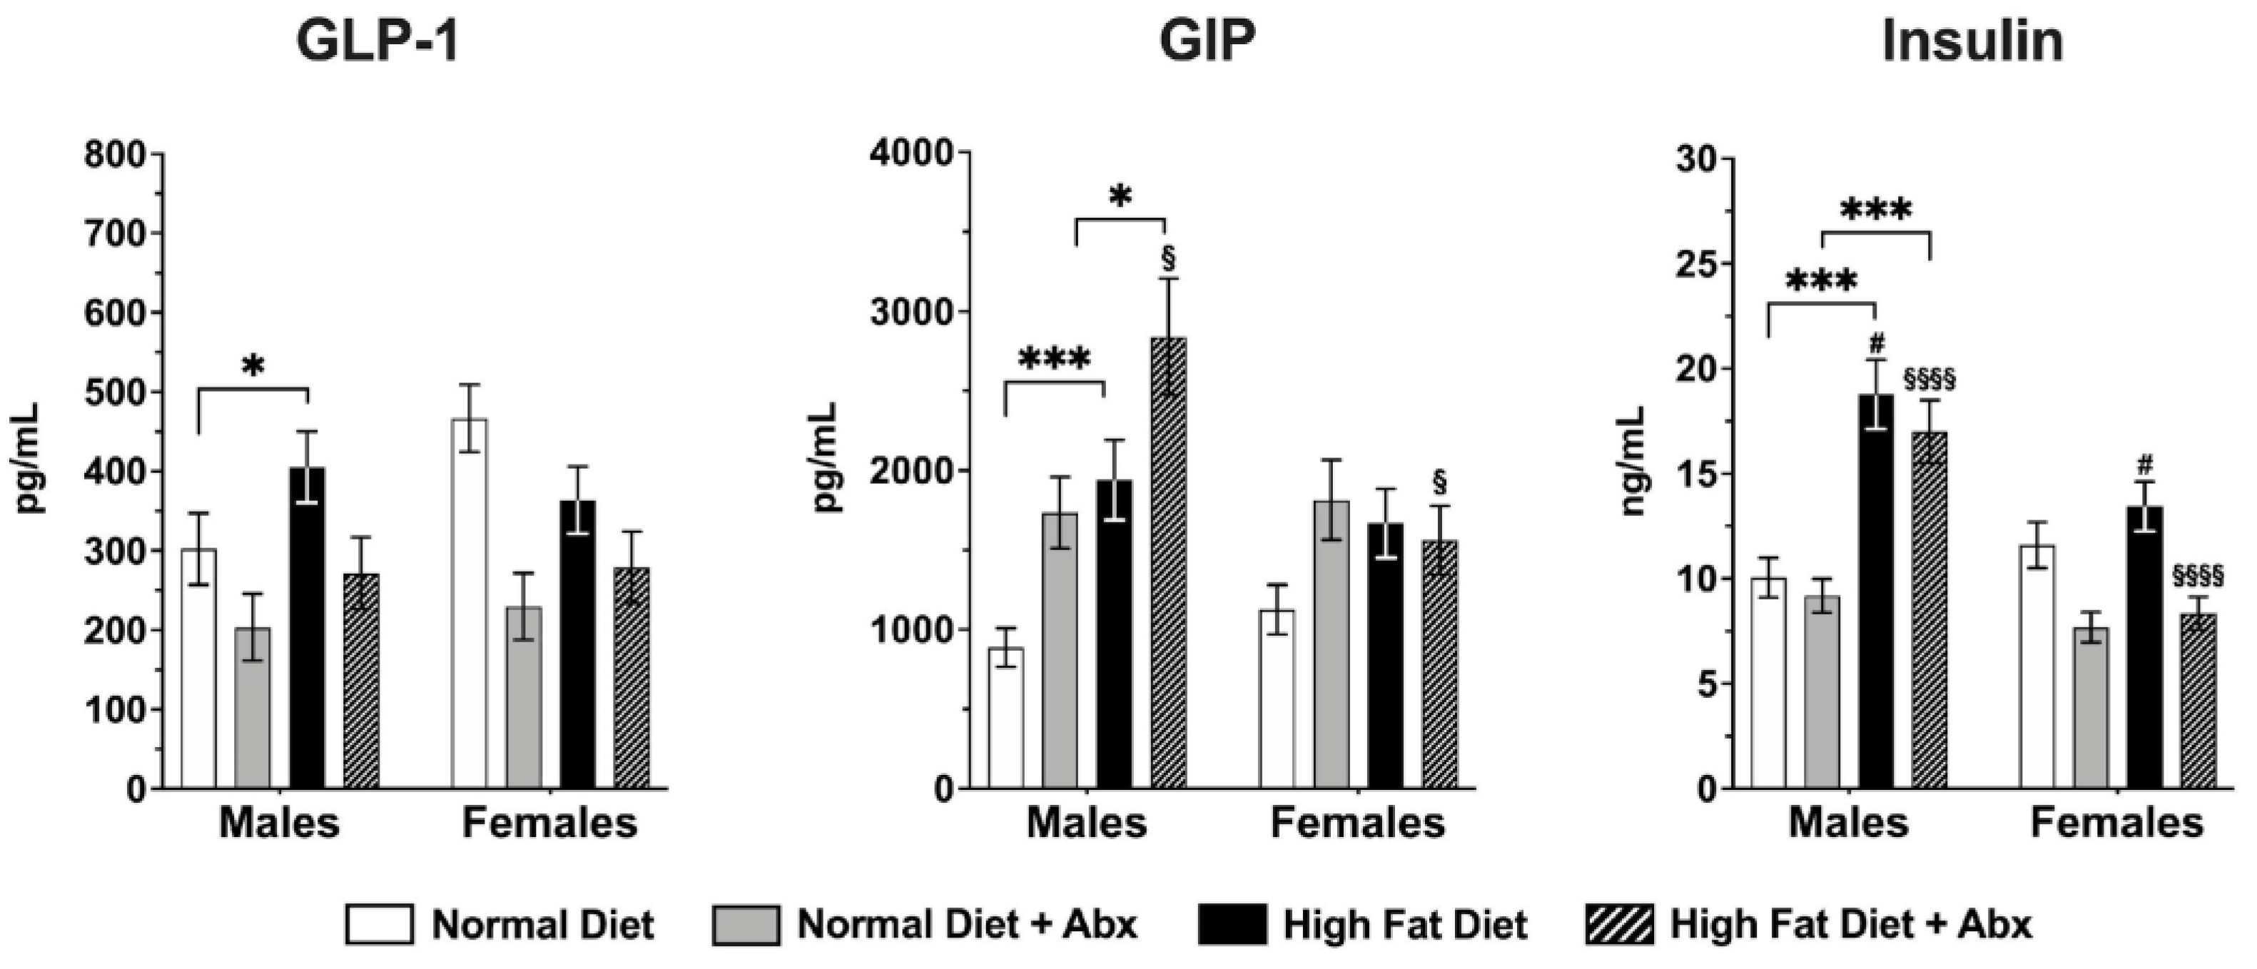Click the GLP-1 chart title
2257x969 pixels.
pyautogui.click(x=377, y=41)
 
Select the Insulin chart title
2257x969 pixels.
pyautogui.click(x=1972, y=41)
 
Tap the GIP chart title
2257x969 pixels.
pyautogui.click(x=1207, y=41)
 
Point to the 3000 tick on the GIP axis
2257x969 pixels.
pyautogui.click(x=912, y=312)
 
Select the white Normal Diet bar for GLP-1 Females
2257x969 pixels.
pyautogui.click(x=470, y=604)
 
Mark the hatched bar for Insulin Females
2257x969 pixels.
pyautogui.click(x=2198, y=701)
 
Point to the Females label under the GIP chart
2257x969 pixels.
pyautogui.click(x=1357, y=823)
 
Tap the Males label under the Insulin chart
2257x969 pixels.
pyautogui.click(x=1848, y=823)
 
